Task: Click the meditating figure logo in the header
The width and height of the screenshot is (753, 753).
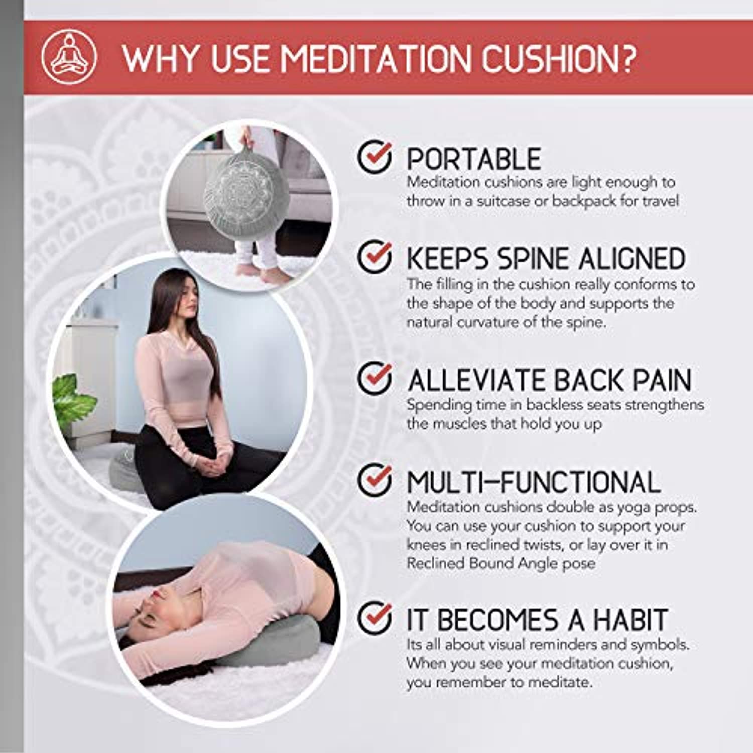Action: click(69, 57)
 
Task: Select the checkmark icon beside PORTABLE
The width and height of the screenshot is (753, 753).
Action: click(374, 157)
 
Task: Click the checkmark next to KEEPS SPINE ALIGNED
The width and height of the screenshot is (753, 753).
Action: click(374, 256)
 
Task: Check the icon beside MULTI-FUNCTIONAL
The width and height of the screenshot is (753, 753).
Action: click(374, 479)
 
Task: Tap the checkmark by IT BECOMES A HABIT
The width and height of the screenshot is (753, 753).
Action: click(374, 617)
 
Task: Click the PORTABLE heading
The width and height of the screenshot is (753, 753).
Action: click(473, 159)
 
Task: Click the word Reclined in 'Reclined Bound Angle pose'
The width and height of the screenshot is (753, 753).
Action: click(435, 563)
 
